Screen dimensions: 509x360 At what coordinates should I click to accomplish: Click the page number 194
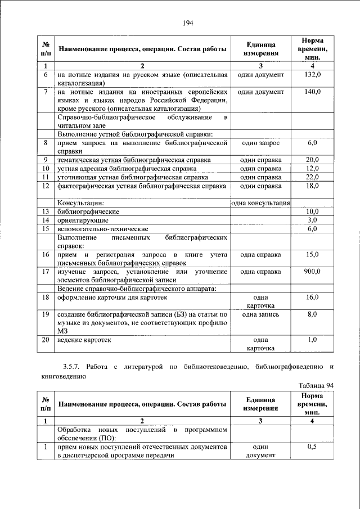click(188, 22)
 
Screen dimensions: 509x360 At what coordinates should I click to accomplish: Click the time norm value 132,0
click(312, 74)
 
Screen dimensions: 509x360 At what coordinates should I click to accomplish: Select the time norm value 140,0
click(312, 91)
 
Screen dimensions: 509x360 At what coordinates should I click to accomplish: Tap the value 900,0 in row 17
click(312, 272)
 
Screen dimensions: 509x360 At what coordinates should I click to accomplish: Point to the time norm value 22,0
click(312, 177)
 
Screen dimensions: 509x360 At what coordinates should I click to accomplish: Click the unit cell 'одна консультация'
click(260, 203)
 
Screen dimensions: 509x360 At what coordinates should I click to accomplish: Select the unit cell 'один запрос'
click(260, 143)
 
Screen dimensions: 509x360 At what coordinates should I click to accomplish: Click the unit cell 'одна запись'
click(260, 314)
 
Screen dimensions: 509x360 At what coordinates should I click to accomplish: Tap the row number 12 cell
click(44, 186)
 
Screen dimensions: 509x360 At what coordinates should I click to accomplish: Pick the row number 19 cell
click(44, 314)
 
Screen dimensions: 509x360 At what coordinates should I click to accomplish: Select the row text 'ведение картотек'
click(84, 340)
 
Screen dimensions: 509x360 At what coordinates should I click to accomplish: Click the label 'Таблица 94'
click(318, 385)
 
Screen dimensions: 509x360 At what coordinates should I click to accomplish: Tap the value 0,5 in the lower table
click(312, 447)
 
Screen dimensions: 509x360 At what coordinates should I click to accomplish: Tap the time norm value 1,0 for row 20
click(312, 340)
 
